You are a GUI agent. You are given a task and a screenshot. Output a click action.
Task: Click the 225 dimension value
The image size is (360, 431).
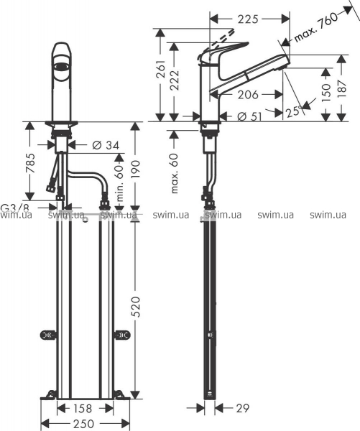tap(248, 19)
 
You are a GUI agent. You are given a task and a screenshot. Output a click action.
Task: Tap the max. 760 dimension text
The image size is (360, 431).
tap(316, 27)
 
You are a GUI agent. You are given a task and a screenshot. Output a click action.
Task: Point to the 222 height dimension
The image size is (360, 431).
tap(174, 80)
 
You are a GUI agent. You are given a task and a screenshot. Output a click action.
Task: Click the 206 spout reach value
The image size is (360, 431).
tap(248, 95)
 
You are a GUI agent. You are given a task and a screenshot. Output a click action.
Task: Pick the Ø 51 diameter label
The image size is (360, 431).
tap(249, 116)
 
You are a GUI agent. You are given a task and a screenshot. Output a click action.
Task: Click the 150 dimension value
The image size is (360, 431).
tap(326, 93)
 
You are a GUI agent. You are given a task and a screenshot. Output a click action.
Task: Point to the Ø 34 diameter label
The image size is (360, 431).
tap(106, 144)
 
